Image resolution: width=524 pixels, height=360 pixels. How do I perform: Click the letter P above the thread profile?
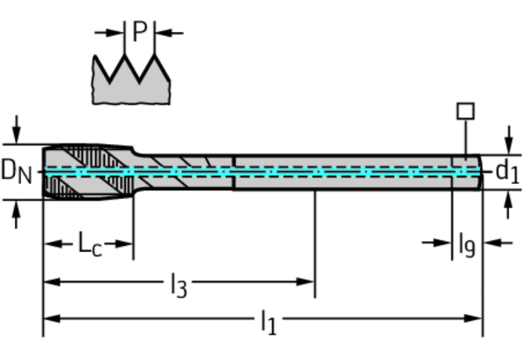point(139,32)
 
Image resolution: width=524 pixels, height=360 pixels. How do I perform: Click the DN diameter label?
point(16,170)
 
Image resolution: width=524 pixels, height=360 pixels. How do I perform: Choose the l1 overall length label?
point(268,321)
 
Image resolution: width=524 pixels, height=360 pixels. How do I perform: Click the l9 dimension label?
point(466,245)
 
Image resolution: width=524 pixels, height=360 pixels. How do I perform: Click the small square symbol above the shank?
point(465,111)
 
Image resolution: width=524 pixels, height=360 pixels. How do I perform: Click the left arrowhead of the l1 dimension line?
point(49,319)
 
